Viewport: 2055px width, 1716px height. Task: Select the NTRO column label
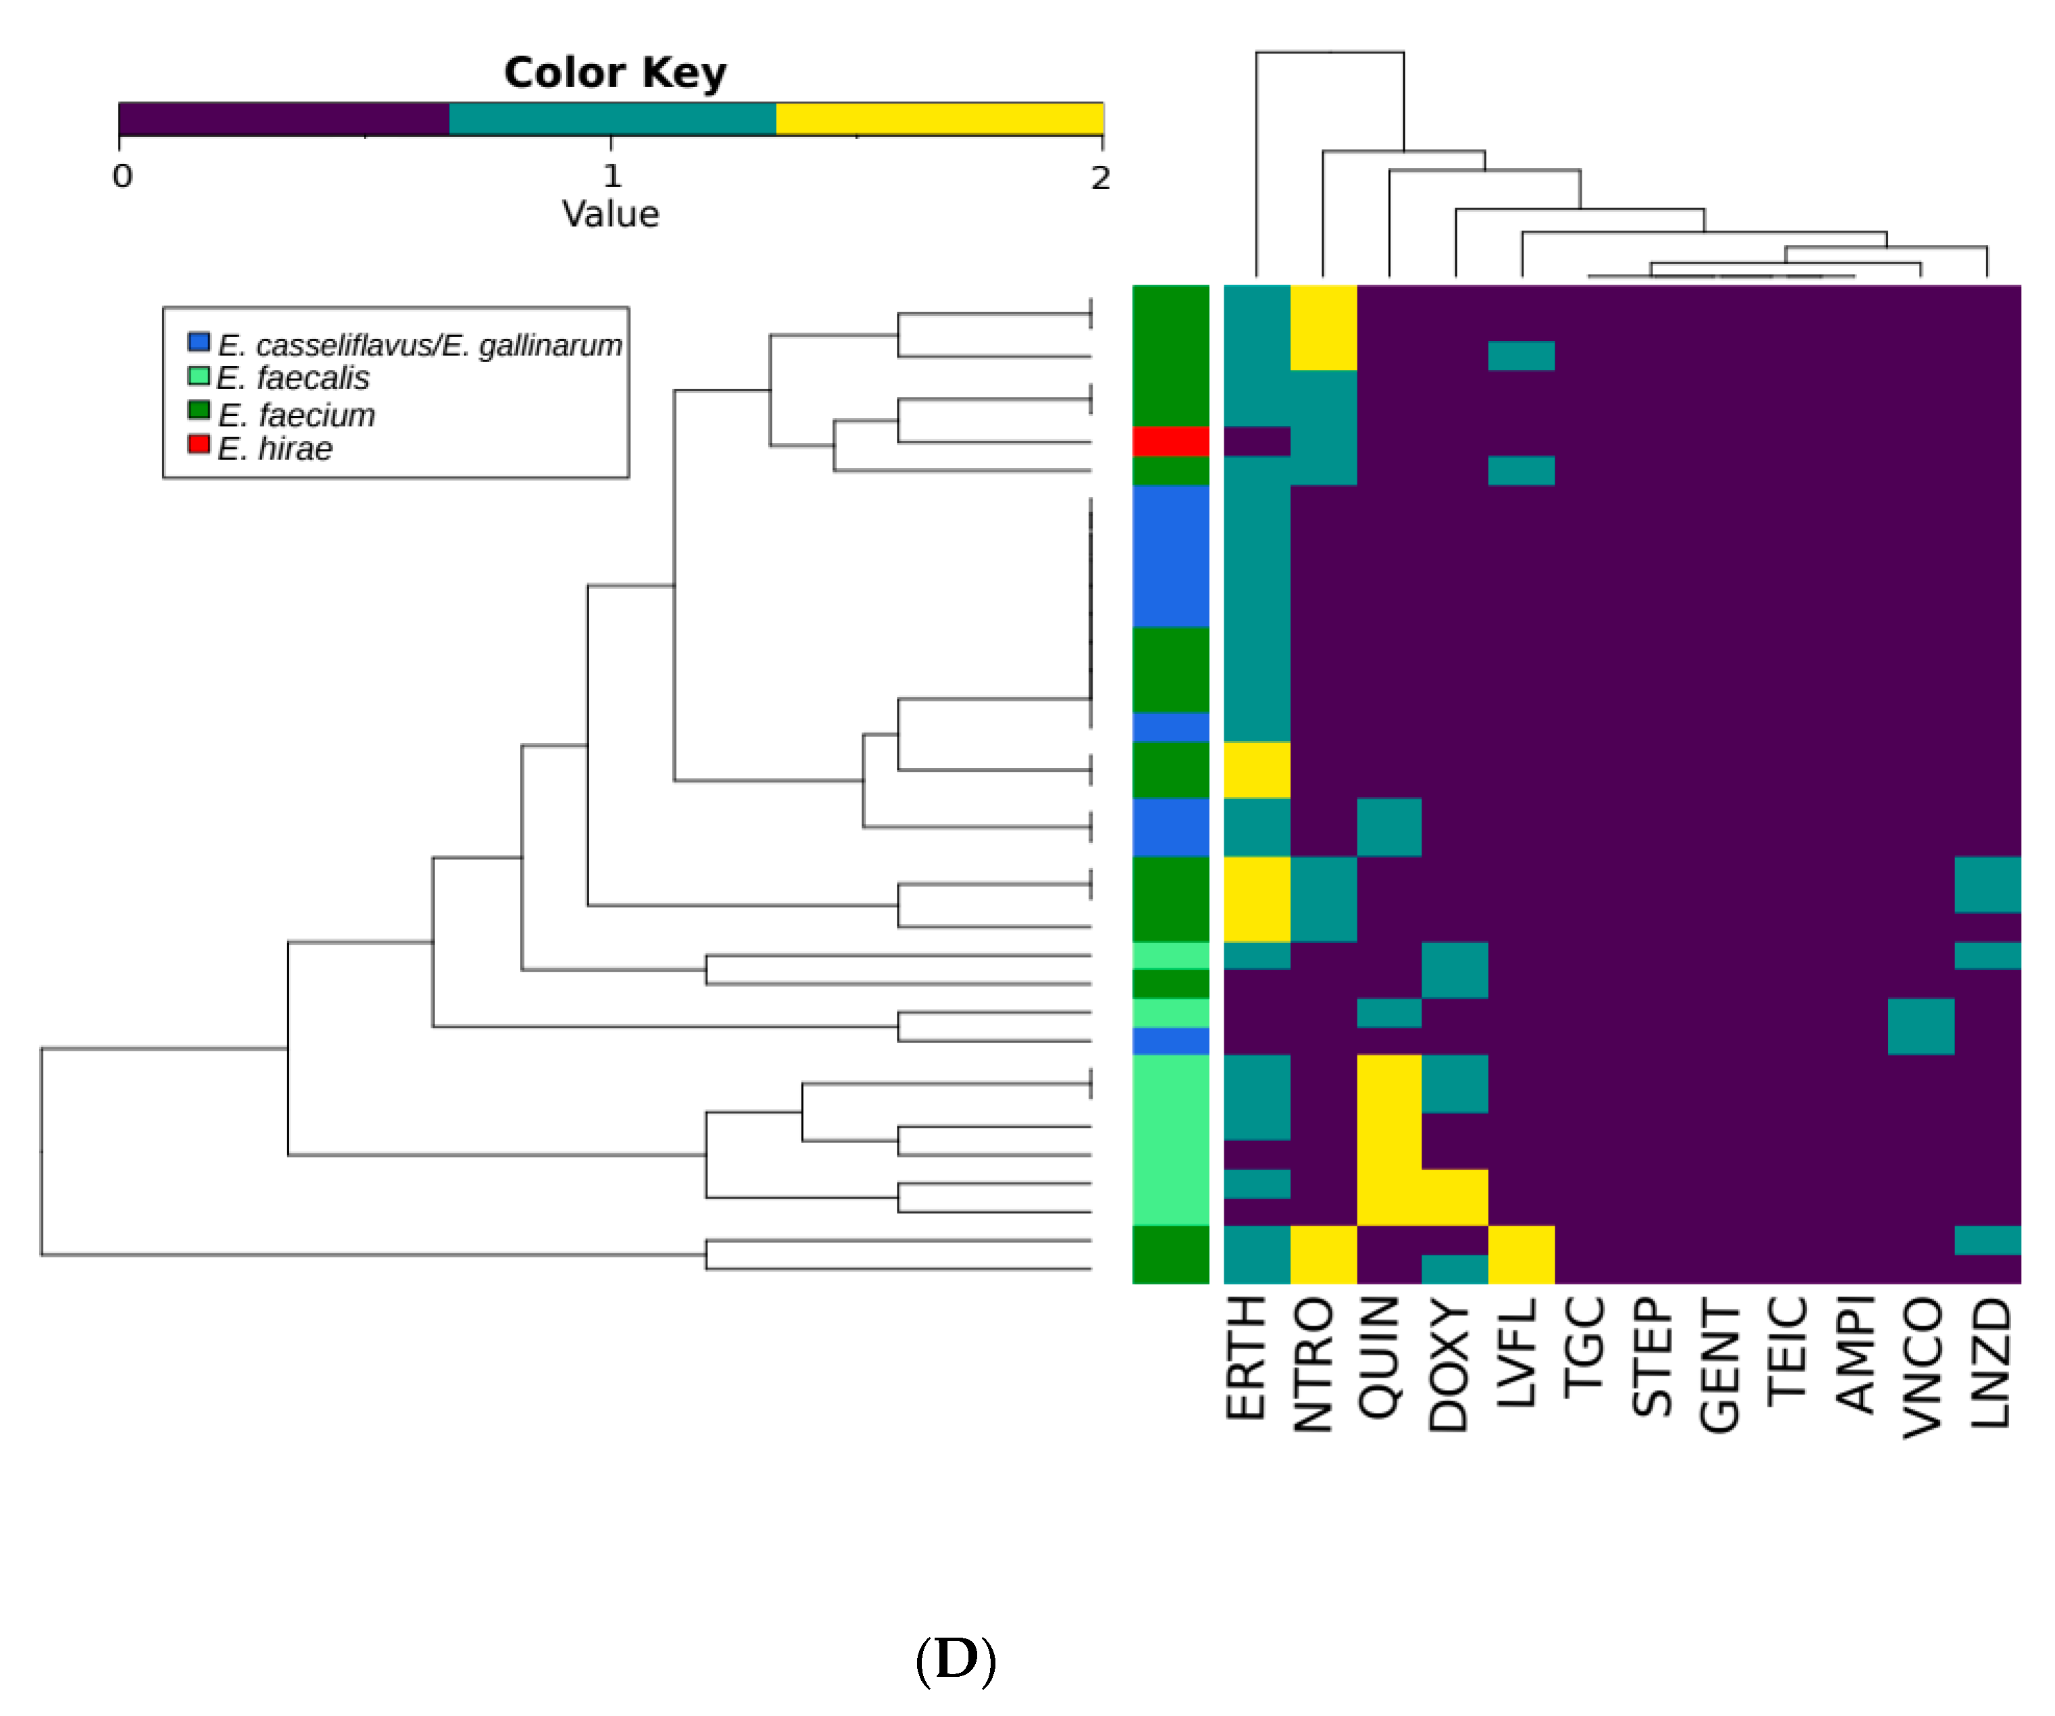click(x=1313, y=1365)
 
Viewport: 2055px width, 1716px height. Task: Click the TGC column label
click(x=1584, y=1346)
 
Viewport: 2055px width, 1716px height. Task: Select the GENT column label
click(x=1719, y=1366)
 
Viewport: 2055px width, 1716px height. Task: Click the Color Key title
click(x=615, y=74)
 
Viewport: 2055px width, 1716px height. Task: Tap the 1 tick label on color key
click(x=612, y=177)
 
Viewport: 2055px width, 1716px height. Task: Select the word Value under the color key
click(x=610, y=214)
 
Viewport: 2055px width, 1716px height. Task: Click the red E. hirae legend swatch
click(x=199, y=444)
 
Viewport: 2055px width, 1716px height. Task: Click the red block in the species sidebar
click(x=1170, y=440)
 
